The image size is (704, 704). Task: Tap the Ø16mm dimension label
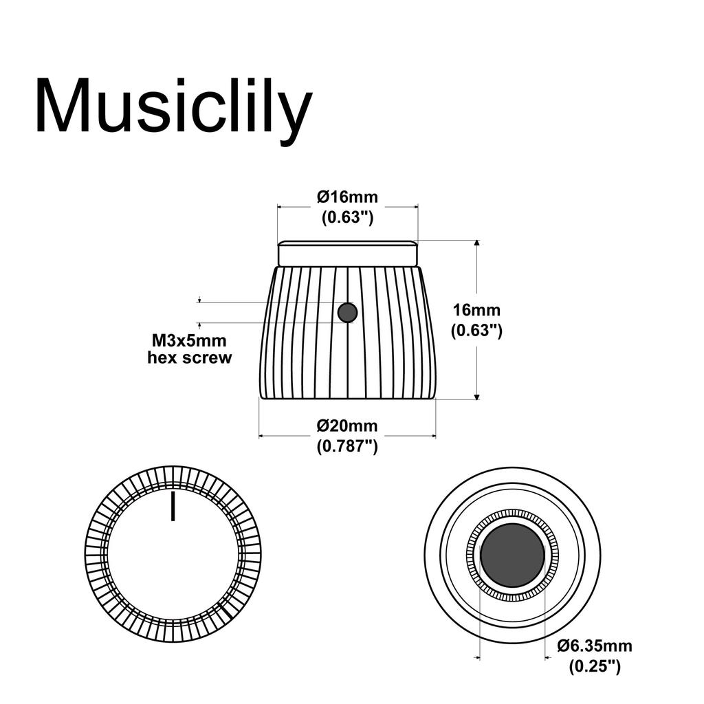[x=347, y=197]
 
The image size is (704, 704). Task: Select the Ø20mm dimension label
[x=347, y=426]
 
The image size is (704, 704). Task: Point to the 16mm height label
[x=476, y=310]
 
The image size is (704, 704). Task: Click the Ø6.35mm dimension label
[x=595, y=646]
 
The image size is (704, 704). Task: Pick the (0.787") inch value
[x=347, y=446]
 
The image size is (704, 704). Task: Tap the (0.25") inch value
[x=595, y=665]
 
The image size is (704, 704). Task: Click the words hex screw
[x=190, y=357]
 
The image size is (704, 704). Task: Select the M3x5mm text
[x=189, y=340]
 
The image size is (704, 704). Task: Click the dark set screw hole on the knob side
[x=347, y=313]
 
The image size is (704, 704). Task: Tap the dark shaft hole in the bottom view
[x=512, y=555]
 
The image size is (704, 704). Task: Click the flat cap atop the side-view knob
[x=347, y=253]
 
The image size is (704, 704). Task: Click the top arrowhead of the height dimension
[x=476, y=243]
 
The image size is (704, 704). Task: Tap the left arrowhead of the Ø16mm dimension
[x=280, y=206]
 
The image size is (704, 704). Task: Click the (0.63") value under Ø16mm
[x=347, y=217]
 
